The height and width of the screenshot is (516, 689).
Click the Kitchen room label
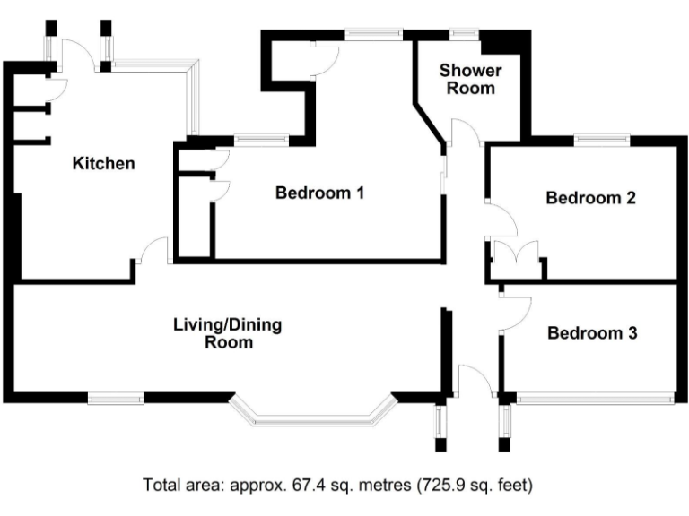103,163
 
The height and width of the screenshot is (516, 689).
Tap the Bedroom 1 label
319,192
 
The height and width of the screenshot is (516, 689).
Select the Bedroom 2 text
590,198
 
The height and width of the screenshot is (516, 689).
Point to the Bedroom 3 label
592,333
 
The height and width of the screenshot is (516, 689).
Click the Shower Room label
470,79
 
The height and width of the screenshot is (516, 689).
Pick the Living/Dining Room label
227,332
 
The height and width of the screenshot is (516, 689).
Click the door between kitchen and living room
153,251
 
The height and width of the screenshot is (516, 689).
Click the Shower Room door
466,133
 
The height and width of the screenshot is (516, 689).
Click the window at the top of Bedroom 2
601,139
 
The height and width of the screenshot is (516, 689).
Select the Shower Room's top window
464,33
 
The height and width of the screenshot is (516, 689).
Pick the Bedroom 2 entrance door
499,219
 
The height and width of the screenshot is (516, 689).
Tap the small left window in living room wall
115,396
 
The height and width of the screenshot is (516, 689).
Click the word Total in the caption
161,486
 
